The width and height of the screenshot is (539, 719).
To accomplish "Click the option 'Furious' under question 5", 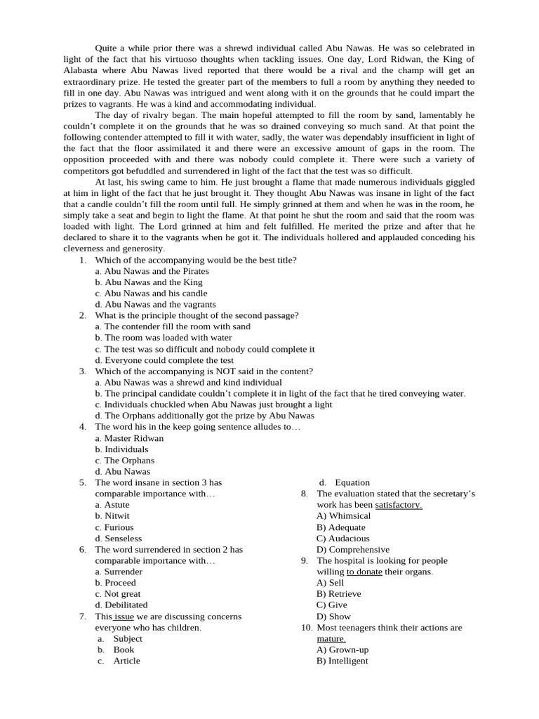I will click(x=119, y=527).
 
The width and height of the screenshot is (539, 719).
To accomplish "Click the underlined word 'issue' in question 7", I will click(x=124, y=616).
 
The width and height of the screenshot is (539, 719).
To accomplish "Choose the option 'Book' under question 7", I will click(x=124, y=649).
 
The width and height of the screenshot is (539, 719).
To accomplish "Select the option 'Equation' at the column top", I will click(x=352, y=482).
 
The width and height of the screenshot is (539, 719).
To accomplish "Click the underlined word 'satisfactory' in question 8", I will click(x=399, y=505).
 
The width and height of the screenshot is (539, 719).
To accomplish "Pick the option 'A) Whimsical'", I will click(x=343, y=516).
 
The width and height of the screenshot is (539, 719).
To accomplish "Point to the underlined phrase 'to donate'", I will click(x=364, y=572).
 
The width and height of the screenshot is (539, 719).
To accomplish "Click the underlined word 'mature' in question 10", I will click(x=331, y=639).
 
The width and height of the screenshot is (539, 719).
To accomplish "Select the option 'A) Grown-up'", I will click(x=342, y=649).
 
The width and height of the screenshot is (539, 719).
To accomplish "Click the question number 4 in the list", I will click(x=83, y=427).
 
